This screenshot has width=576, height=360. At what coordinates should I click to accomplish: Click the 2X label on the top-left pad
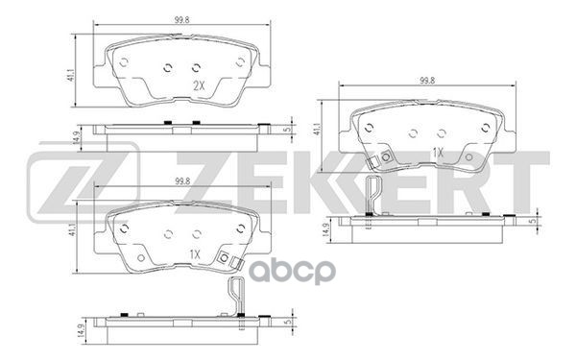[x=199, y=86]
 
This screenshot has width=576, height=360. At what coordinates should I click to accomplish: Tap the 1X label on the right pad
[x=438, y=153]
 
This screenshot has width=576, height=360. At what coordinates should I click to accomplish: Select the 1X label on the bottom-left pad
[x=195, y=254]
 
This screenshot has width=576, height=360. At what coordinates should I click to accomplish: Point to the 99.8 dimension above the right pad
[x=427, y=81]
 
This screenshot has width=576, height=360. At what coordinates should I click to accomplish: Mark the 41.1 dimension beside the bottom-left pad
[x=73, y=228]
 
